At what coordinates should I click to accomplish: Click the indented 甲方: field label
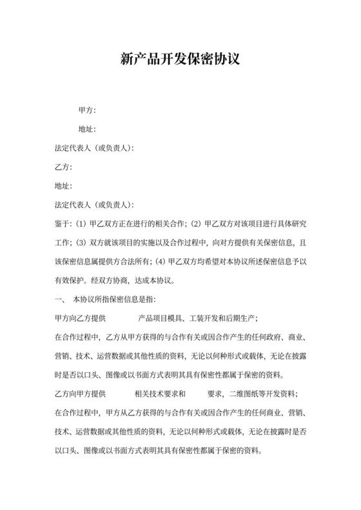point(87,111)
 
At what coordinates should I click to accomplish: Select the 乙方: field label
point(63,167)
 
